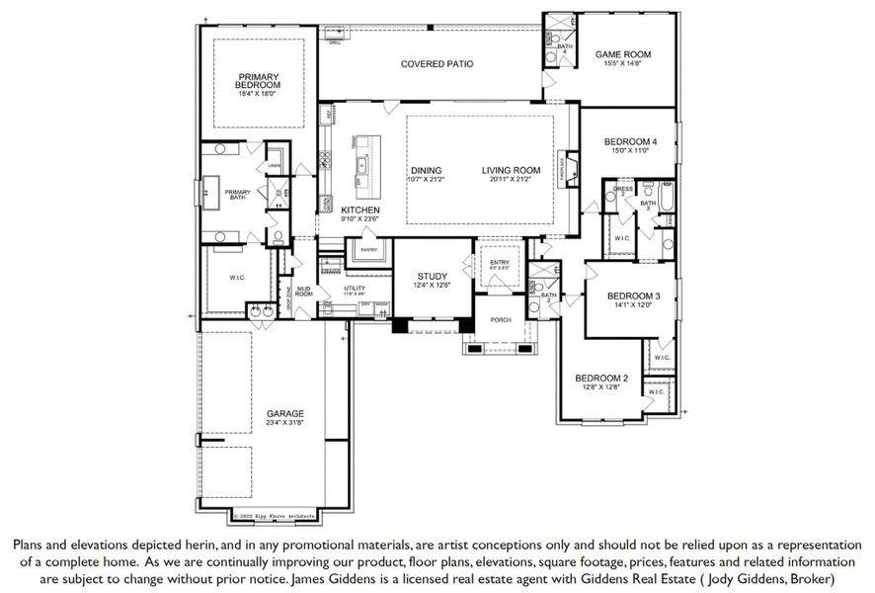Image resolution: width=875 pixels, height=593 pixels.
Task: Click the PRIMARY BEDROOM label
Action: point(258,81)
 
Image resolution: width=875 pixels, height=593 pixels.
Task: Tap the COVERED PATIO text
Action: point(437,64)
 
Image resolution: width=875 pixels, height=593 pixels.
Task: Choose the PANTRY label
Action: point(369,250)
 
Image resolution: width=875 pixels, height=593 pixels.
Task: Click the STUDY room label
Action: point(433,277)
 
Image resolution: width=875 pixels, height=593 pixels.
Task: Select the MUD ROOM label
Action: point(304,291)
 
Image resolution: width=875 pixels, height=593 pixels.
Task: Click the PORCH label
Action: point(499,319)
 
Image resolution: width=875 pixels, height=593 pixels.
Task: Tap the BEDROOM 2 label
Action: point(601,379)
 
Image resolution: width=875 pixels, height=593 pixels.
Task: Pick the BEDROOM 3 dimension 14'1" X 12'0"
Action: point(632,305)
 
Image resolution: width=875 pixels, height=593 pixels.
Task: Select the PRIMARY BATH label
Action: point(237,195)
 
